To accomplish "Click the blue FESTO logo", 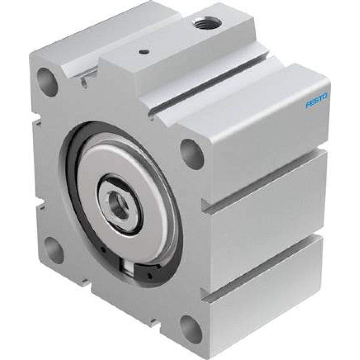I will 316,100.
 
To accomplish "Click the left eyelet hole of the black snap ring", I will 103,249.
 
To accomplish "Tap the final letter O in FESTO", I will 325,96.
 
